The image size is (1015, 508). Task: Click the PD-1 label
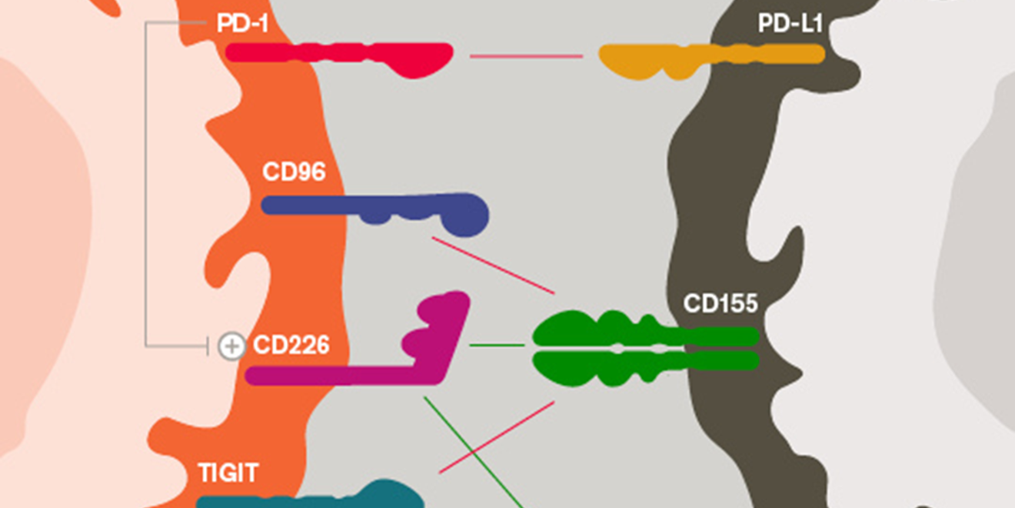(x=242, y=24)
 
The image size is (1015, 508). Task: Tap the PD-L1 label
(x=790, y=24)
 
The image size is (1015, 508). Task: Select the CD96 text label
(x=293, y=172)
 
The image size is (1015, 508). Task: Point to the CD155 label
(x=720, y=303)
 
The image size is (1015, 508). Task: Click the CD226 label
(x=291, y=346)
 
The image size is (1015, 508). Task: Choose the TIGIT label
(x=228, y=473)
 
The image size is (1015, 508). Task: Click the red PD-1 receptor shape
(x=338, y=55)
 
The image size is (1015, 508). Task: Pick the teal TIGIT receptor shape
(x=323, y=499)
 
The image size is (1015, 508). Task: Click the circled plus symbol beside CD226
(x=231, y=346)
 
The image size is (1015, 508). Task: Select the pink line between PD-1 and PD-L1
(x=527, y=56)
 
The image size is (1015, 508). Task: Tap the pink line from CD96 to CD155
(x=493, y=265)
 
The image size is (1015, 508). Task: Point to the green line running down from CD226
(x=473, y=453)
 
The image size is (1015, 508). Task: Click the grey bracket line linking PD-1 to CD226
(x=146, y=185)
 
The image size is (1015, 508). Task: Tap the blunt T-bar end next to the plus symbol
(x=208, y=346)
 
